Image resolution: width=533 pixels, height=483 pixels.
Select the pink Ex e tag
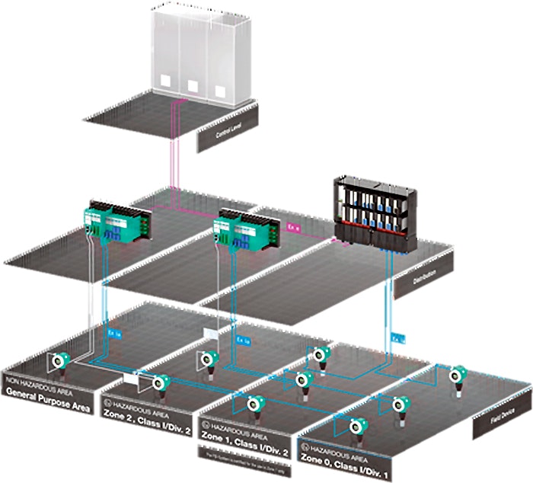point(292,227)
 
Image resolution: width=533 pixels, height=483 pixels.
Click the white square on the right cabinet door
point(220,90)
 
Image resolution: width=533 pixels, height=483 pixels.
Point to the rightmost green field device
point(458,377)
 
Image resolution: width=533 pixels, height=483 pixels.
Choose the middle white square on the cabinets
point(193,85)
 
